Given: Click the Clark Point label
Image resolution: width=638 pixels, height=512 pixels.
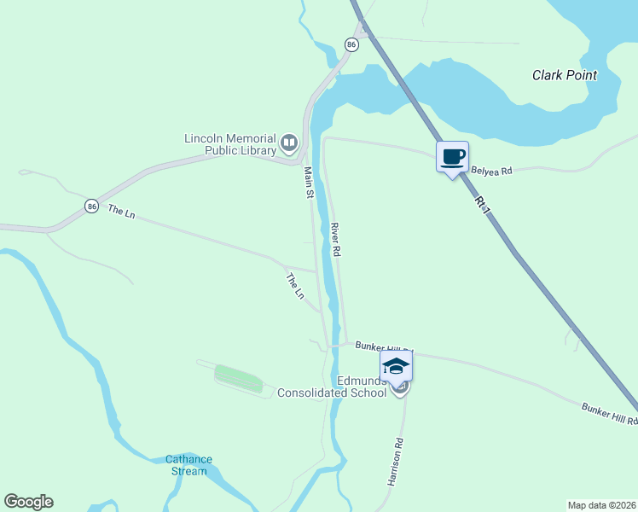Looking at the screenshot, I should pos(564,75).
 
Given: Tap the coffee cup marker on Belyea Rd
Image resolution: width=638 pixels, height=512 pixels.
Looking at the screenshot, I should pos(452,157).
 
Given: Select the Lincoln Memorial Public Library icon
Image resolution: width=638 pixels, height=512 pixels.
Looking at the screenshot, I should pos(289,143).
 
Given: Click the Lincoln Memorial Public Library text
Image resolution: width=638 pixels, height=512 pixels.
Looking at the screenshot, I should pos(230,144).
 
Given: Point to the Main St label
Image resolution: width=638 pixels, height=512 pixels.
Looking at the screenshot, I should pos(310,183).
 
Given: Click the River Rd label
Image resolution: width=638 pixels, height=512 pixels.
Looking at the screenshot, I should pos(336,240).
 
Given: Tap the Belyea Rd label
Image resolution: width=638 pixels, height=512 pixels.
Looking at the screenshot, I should pos(491,171).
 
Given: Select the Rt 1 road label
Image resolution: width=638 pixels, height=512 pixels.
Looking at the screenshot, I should pos(484,205).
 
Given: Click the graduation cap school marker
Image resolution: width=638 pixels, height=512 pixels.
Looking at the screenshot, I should pos(396,367).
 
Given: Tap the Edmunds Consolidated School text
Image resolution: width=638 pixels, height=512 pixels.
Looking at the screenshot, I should pos(333,386).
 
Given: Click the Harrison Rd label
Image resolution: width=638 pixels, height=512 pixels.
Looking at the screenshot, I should pos(395,463).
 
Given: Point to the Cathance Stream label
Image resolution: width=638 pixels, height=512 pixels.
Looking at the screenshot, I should pos(188,465).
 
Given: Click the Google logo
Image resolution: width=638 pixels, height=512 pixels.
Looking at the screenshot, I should pos(28,502).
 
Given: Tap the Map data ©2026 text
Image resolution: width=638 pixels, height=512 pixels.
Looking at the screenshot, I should pos(601,504).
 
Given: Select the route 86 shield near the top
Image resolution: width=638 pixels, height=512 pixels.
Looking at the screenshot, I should pos(351,44).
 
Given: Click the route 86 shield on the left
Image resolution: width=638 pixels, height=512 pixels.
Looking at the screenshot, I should pos(91,207).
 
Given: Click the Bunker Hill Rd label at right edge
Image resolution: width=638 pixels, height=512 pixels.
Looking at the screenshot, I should pos(609,415).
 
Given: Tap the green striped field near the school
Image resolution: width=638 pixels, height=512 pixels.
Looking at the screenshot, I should pos(239,378).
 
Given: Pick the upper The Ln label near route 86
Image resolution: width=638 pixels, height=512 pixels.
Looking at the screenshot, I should pos(121,212).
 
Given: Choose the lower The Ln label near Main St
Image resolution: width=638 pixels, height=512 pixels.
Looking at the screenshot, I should pos(294,286).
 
